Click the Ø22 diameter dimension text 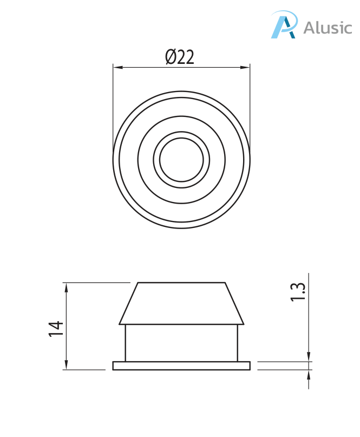coord(180,57)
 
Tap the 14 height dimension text coord(56,329)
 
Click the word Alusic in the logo coord(327,28)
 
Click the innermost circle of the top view coord(181,160)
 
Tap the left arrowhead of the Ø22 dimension coord(117,68)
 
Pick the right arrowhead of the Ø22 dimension coord(246,68)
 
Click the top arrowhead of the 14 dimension coord(67,286)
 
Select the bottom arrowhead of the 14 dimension coord(67,366)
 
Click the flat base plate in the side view coord(181,366)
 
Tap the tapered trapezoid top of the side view coord(181,303)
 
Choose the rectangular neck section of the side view coord(181,342)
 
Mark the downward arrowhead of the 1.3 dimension coord(309,357)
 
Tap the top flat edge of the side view coord(181,283)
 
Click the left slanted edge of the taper coord(129,303)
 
